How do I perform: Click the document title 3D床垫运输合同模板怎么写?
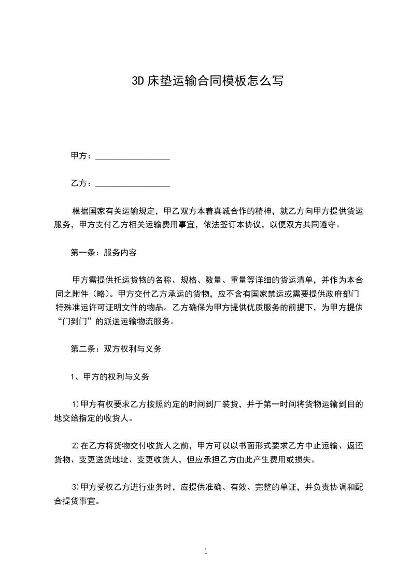(206, 81)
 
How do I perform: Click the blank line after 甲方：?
(133, 156)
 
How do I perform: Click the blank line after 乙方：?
(133, 184)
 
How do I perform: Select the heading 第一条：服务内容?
(104, 253)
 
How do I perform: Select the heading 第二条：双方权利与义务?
(117, 349)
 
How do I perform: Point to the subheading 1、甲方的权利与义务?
(110, 377)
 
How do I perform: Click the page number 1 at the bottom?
(206, 551)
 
